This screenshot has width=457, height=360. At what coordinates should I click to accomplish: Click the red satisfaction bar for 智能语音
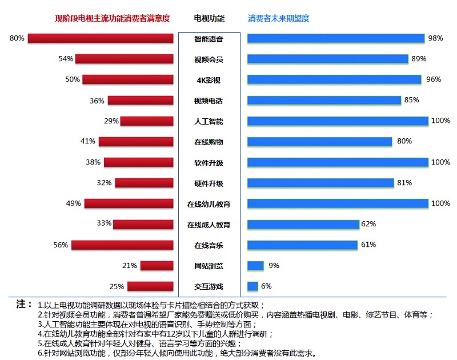point(101,38)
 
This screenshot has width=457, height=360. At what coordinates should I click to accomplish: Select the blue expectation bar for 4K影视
point(334,79)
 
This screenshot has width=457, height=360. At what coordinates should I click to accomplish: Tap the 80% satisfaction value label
point(17,38)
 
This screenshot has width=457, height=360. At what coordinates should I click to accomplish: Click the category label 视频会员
point(209,59)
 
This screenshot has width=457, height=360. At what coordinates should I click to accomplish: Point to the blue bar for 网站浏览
point(255,266)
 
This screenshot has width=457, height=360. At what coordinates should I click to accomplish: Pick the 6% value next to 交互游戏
point(266,286)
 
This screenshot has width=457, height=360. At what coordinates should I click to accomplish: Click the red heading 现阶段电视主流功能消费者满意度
point(113,19)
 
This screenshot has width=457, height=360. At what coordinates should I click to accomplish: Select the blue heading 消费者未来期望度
point(279,19)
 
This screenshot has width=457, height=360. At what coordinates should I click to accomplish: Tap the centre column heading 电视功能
point(209,19)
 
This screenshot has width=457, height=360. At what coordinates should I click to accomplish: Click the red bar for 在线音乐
point(122,245)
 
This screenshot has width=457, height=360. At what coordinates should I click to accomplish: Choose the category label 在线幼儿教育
point(209,204)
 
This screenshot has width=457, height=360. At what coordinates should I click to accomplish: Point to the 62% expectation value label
point(368,224)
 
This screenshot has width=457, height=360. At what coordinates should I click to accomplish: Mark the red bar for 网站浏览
point(157,266)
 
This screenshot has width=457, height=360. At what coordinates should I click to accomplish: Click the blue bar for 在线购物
point(320,142)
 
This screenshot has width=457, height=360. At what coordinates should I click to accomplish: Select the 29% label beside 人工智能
point(111,121)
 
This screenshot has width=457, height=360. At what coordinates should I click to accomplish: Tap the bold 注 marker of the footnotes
point(24,303)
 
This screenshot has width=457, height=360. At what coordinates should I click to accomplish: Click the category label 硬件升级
point(209,183)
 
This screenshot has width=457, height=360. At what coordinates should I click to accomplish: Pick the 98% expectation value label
point(435,38)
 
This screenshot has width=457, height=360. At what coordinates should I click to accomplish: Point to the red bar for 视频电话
point(141,101)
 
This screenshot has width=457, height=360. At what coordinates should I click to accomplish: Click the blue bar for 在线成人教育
point(303,225)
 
